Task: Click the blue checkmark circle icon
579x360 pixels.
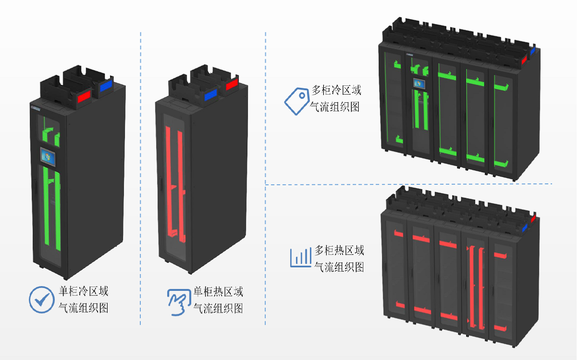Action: pos(41,299)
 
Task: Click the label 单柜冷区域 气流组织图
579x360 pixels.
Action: pos(83,299)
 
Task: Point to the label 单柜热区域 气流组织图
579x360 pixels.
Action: pos(218,300)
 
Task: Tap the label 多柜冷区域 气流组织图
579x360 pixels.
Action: pos(336,98)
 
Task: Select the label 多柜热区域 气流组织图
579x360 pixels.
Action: pos(339,258)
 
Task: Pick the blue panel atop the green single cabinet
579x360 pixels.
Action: pos(105,87)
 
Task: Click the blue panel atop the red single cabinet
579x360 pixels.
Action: pos(210,95)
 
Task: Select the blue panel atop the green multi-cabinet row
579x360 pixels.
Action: pos(533,50)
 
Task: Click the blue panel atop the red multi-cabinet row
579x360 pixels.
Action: pos(526,226)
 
